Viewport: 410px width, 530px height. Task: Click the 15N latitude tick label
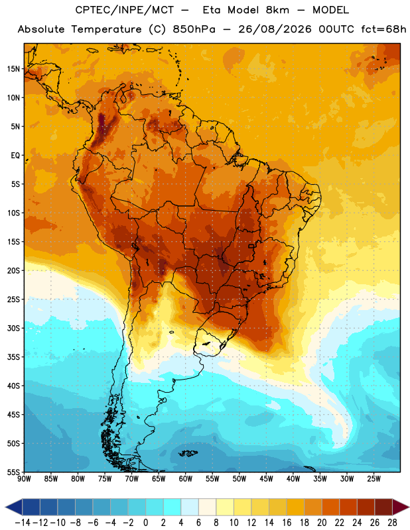13,69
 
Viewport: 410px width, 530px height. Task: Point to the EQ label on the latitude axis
15,156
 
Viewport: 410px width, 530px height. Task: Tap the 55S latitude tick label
13,472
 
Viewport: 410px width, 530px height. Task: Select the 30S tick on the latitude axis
13,328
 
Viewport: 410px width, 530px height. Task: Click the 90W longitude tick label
25,478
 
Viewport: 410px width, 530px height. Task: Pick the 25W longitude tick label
374,478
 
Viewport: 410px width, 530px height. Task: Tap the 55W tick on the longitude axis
212,478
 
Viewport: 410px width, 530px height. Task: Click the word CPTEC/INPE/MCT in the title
125,10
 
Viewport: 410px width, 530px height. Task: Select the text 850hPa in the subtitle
194,29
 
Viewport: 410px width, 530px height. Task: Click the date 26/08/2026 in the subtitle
275,29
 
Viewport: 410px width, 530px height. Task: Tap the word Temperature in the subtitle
106,29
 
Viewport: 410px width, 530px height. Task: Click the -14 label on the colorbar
23,523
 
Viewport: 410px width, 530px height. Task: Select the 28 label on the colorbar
392,523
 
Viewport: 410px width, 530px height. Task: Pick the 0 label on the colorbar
145,523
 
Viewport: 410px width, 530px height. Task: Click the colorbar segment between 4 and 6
190,507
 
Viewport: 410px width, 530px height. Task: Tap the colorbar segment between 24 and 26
366,507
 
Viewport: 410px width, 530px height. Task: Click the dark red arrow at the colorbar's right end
400,507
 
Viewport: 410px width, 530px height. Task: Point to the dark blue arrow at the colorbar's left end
14,507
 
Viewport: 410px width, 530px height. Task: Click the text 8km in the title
277,10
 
